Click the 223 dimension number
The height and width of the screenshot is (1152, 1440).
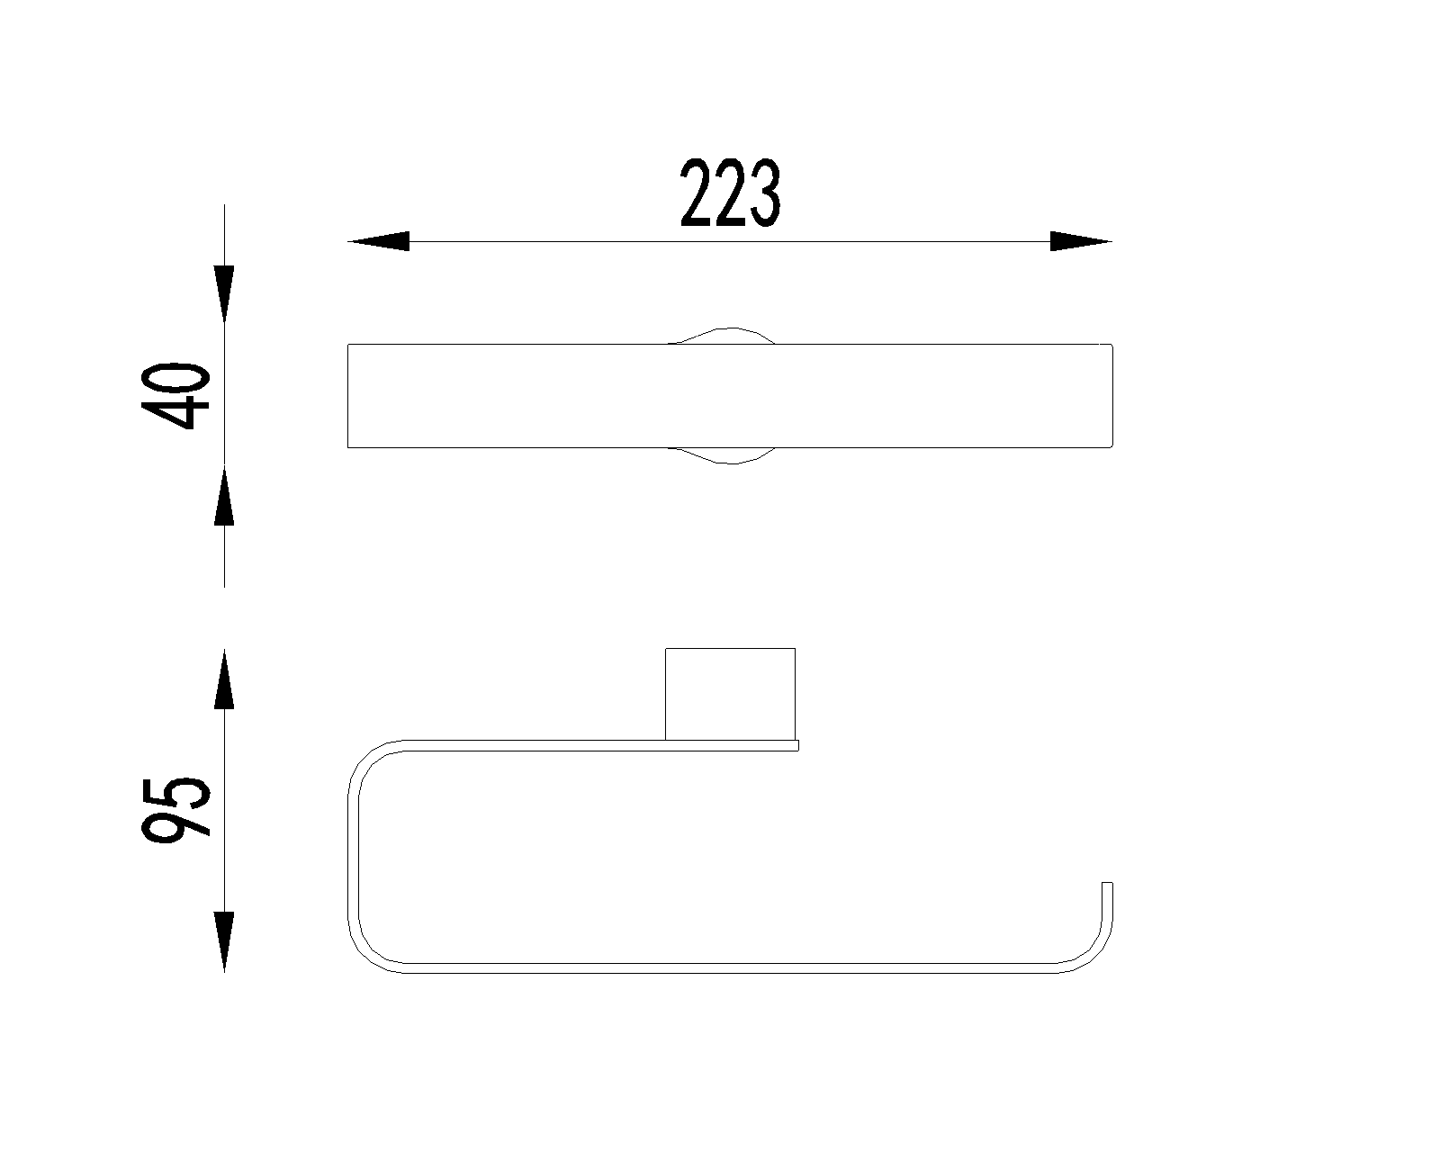pyautogui.click(x=730, y=192)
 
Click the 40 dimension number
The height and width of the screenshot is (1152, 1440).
pyautogui.click(x=176, y=396)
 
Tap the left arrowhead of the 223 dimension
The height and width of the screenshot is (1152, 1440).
pyautogui.click(x=379, y=241)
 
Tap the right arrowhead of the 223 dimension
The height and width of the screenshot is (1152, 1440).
pyautogui.click(x=1081, y=241)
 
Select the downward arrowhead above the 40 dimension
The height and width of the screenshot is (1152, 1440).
pyautogui.click(x=224, y=294)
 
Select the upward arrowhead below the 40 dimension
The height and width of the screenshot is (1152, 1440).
pyautogui.click(x=224, y=496)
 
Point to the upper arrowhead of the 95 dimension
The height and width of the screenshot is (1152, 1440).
pyautogui.click(x=224, y=678)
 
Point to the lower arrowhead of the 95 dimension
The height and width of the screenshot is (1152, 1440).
pyautogui.click(x=224, y=941)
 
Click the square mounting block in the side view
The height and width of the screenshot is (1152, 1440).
pyautogui.click(x=730, y=694)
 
